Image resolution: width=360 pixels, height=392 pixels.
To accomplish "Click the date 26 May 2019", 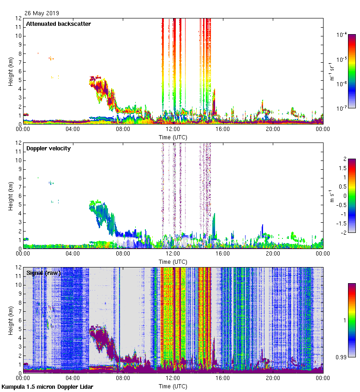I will (x=42, y=13).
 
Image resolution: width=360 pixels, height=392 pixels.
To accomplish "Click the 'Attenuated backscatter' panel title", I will (x=58, y=24).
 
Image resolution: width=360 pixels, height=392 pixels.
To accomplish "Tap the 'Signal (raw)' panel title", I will (x=43, y=273).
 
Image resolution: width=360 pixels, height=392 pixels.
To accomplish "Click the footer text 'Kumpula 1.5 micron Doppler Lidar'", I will (x=48, y=386).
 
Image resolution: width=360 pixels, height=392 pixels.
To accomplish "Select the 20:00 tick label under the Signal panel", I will (x=273, y=378).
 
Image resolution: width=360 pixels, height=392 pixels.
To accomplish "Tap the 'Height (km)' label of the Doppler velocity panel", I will (x=11, y=195).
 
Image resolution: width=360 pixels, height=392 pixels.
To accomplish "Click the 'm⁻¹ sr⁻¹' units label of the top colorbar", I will (x=333, y=71).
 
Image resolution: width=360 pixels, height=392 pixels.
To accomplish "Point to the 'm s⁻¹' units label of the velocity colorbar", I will (x=333, y=196).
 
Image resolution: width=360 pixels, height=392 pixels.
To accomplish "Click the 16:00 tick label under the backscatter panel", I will (x=223, y=130).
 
